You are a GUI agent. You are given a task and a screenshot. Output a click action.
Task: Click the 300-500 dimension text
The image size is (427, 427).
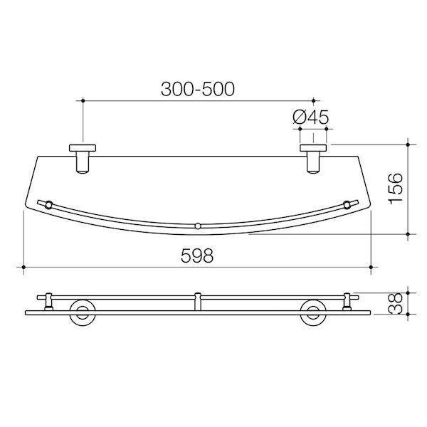[x=198, y=89]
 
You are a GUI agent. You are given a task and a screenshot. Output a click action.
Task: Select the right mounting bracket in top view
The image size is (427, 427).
[x=312, y=157]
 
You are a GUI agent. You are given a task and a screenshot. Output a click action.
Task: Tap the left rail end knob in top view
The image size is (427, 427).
[x=48, y=205]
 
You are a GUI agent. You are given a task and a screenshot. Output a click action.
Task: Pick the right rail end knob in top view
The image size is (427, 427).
[x=347, y=205]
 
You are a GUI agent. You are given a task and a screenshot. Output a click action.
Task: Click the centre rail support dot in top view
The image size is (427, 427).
[x=198, y=228]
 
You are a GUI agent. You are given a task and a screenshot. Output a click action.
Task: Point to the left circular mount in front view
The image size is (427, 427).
[x=84, y=312]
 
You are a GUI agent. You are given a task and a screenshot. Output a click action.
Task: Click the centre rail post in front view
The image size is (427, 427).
[x=198, y=302]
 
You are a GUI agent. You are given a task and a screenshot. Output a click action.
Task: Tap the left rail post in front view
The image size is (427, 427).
[x=48, y=302]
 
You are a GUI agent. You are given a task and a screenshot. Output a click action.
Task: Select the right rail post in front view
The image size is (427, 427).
[x=347, y=302]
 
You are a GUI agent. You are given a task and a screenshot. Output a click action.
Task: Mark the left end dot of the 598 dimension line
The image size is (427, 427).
[x=24, y=268]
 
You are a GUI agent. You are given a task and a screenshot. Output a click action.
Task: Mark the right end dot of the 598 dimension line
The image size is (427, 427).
[x=371, y=268]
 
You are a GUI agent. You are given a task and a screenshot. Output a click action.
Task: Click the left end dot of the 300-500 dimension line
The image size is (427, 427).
[x=84, y=101]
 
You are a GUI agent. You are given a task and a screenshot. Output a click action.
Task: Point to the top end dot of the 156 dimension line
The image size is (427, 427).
[x=408, y=142]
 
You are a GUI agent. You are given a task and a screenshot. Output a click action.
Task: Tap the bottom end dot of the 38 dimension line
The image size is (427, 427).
[x=408, y=314]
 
